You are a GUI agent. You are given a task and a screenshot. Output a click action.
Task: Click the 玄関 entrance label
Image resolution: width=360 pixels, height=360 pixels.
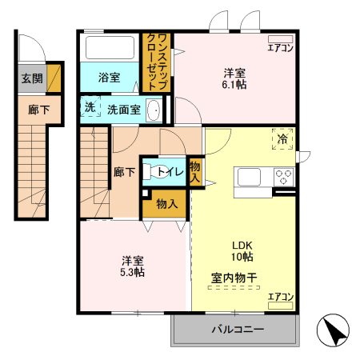point(32,78)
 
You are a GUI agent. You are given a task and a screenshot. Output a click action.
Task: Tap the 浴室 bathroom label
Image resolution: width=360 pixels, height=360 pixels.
point(109,78)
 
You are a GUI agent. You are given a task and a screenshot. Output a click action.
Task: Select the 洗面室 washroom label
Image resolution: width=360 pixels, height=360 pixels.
point(124,110)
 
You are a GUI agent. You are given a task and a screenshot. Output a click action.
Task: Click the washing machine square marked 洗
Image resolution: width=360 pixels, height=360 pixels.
point(89,107)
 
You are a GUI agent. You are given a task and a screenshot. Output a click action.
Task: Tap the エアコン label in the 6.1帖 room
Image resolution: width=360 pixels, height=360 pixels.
point(280,47)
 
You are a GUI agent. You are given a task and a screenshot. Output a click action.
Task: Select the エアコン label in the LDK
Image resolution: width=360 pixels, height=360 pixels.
point(280,297)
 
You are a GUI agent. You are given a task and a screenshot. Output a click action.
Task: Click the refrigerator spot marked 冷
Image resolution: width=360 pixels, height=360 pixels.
point(282,138)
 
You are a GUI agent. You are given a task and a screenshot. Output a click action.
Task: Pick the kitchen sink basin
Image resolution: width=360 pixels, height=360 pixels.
point(246,177)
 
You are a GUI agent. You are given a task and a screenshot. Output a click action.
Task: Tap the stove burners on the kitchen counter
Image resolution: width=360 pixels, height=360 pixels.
point(283,177)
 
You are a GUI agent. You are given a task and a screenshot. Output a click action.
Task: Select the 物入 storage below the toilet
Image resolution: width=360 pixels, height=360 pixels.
point(166,204)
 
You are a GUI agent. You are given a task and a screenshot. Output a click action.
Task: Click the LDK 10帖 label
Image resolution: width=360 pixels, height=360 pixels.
point(242,251)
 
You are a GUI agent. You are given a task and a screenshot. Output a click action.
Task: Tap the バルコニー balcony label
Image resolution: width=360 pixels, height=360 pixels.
point(234,329)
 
